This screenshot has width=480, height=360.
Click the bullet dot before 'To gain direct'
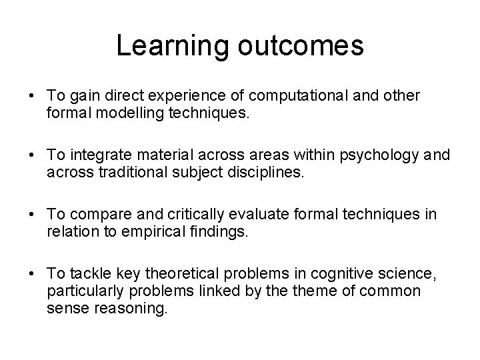point(33,96)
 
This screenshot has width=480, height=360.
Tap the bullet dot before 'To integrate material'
point(33,155)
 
